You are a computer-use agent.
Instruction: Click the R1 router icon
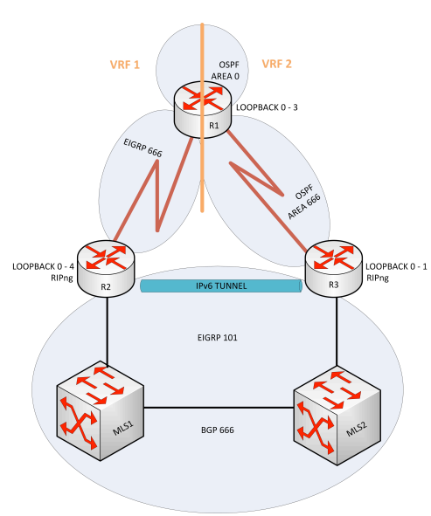(x=203, y=110)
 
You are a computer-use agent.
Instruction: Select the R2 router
(x=106, y=269)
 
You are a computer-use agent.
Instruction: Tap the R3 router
(x=334, y=269)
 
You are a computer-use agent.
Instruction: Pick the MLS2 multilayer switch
(x=337, y=417)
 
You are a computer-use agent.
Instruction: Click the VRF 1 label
(x=125, y=65)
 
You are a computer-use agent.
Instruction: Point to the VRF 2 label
(x=277, y=64)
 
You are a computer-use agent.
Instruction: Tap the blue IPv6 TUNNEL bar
(x=221, y=286)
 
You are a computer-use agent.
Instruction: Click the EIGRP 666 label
(x=143, y=148)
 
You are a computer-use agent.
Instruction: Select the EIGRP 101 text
(x=218, y=338)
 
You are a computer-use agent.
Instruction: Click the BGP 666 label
(x=218, y=430)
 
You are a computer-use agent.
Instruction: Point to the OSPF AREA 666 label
(x=304, y=201)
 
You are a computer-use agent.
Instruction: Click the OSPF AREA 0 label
(x=226, y=71)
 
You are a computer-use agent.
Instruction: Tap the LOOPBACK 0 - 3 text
(x=267, y=107)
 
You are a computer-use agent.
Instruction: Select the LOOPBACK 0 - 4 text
(x=43, y=266)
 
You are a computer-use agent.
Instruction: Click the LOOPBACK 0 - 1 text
(x=396, y=266)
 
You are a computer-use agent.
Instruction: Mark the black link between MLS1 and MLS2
(x=219, y=408)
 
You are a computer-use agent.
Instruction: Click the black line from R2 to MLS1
(x=107, y=331)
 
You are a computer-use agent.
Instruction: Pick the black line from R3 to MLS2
(x=337, y=332)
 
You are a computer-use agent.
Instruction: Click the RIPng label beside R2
(x=62, y=278)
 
